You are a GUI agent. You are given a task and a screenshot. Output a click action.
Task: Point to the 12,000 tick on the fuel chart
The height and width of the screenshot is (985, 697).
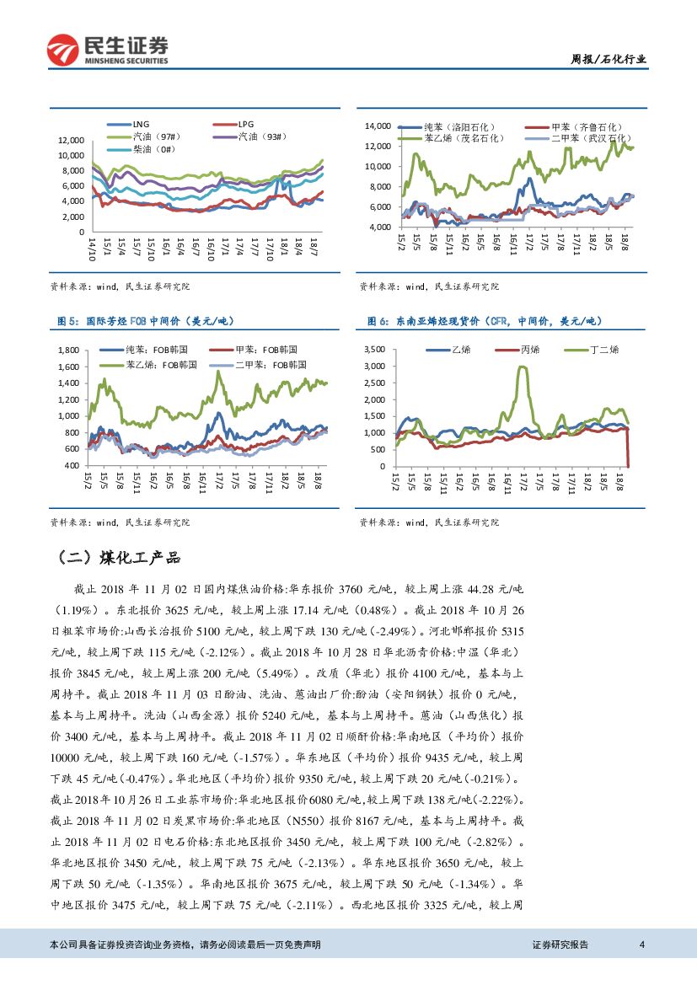pyautogui.click(x=70, y=140)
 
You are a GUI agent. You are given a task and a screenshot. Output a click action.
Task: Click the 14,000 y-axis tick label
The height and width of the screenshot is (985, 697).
pyautogui.click(x=377, y=126)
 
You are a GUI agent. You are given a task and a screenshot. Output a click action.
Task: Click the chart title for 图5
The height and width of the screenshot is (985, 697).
pyautogui.click(x=144, y=321)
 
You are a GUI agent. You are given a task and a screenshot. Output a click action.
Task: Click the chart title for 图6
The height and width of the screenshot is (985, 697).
pyautogui.click(x=484, y=321)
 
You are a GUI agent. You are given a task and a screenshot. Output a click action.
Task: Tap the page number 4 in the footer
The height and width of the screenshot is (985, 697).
pyautogui.click(x=641, y=945)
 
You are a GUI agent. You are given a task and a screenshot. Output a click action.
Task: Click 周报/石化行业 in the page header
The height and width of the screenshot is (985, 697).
pyautogui.click(x=609, y=59)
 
